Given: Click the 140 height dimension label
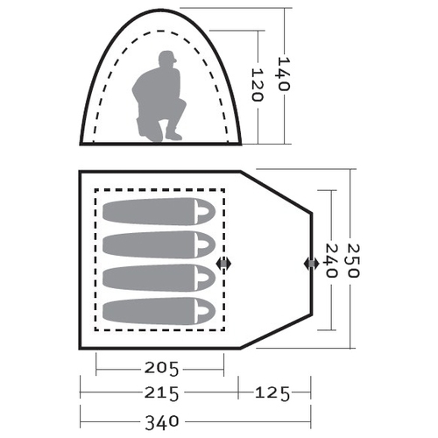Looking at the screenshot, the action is tap(283, 74).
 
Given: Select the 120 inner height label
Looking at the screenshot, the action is tap(258, 85).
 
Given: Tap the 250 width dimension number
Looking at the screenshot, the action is tap(354, 261).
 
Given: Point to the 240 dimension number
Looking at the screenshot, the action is tap(331, 260).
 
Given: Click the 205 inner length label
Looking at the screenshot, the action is tap(161, 369).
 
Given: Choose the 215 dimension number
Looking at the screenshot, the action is tap(161, 393).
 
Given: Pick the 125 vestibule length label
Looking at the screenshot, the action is tap(272, 393).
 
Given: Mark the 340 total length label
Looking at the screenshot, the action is tap(162, 422).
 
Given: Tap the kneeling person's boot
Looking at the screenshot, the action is tap(173, 135).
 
